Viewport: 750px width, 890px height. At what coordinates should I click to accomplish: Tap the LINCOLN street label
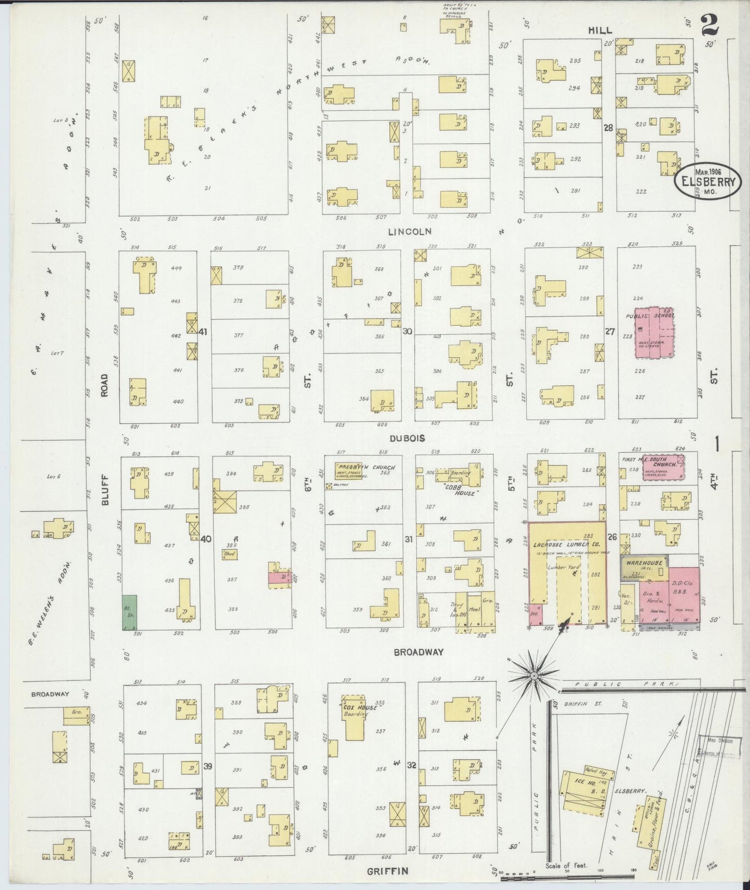[410, 232]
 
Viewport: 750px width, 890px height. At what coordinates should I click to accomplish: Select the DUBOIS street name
[408, 438]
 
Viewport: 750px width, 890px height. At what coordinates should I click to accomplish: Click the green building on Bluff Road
[130, 613]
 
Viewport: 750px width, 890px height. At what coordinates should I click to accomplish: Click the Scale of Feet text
[566, 866]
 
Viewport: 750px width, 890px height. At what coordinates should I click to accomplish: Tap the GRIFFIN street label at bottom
[388, 871]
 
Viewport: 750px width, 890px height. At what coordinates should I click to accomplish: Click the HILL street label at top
[599, 31]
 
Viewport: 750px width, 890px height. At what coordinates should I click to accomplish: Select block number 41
[202, 332]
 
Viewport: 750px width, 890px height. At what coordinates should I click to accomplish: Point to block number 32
[412, 764]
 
